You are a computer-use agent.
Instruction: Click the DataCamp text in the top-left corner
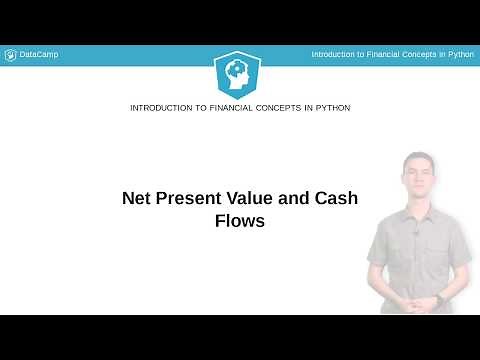39,54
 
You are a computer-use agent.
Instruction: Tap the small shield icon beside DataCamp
10,54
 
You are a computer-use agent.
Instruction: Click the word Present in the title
199,198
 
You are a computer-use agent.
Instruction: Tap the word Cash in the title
337,198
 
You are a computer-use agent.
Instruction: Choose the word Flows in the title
240,221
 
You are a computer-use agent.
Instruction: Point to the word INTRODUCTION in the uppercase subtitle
162,107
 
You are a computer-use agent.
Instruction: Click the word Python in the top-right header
460,54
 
